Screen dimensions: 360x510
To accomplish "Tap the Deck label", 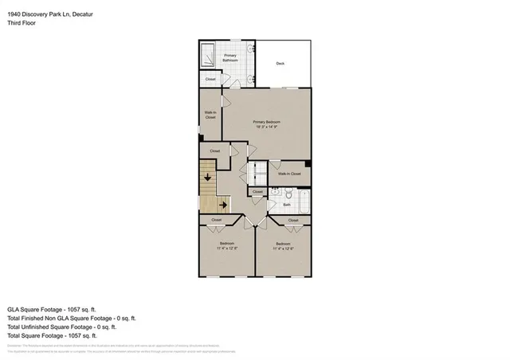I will [x=280, y=64].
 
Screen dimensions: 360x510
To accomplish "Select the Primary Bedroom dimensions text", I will [x=266, y=126].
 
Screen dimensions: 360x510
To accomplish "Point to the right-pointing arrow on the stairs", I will [x=224, y=205].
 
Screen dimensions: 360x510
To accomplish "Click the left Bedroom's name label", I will [x=226, y=243].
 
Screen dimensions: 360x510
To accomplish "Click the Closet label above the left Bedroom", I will [x=217, y=220].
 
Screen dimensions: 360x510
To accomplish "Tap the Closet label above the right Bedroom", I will [x=292, y=220].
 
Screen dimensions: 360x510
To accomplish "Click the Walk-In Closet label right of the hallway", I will [x=288, y=173].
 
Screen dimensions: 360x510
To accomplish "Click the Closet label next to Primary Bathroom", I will [x=210, y=79].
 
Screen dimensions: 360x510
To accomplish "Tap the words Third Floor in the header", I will [x=22, y=23].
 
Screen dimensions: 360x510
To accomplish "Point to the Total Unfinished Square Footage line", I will [x=62, y=327].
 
